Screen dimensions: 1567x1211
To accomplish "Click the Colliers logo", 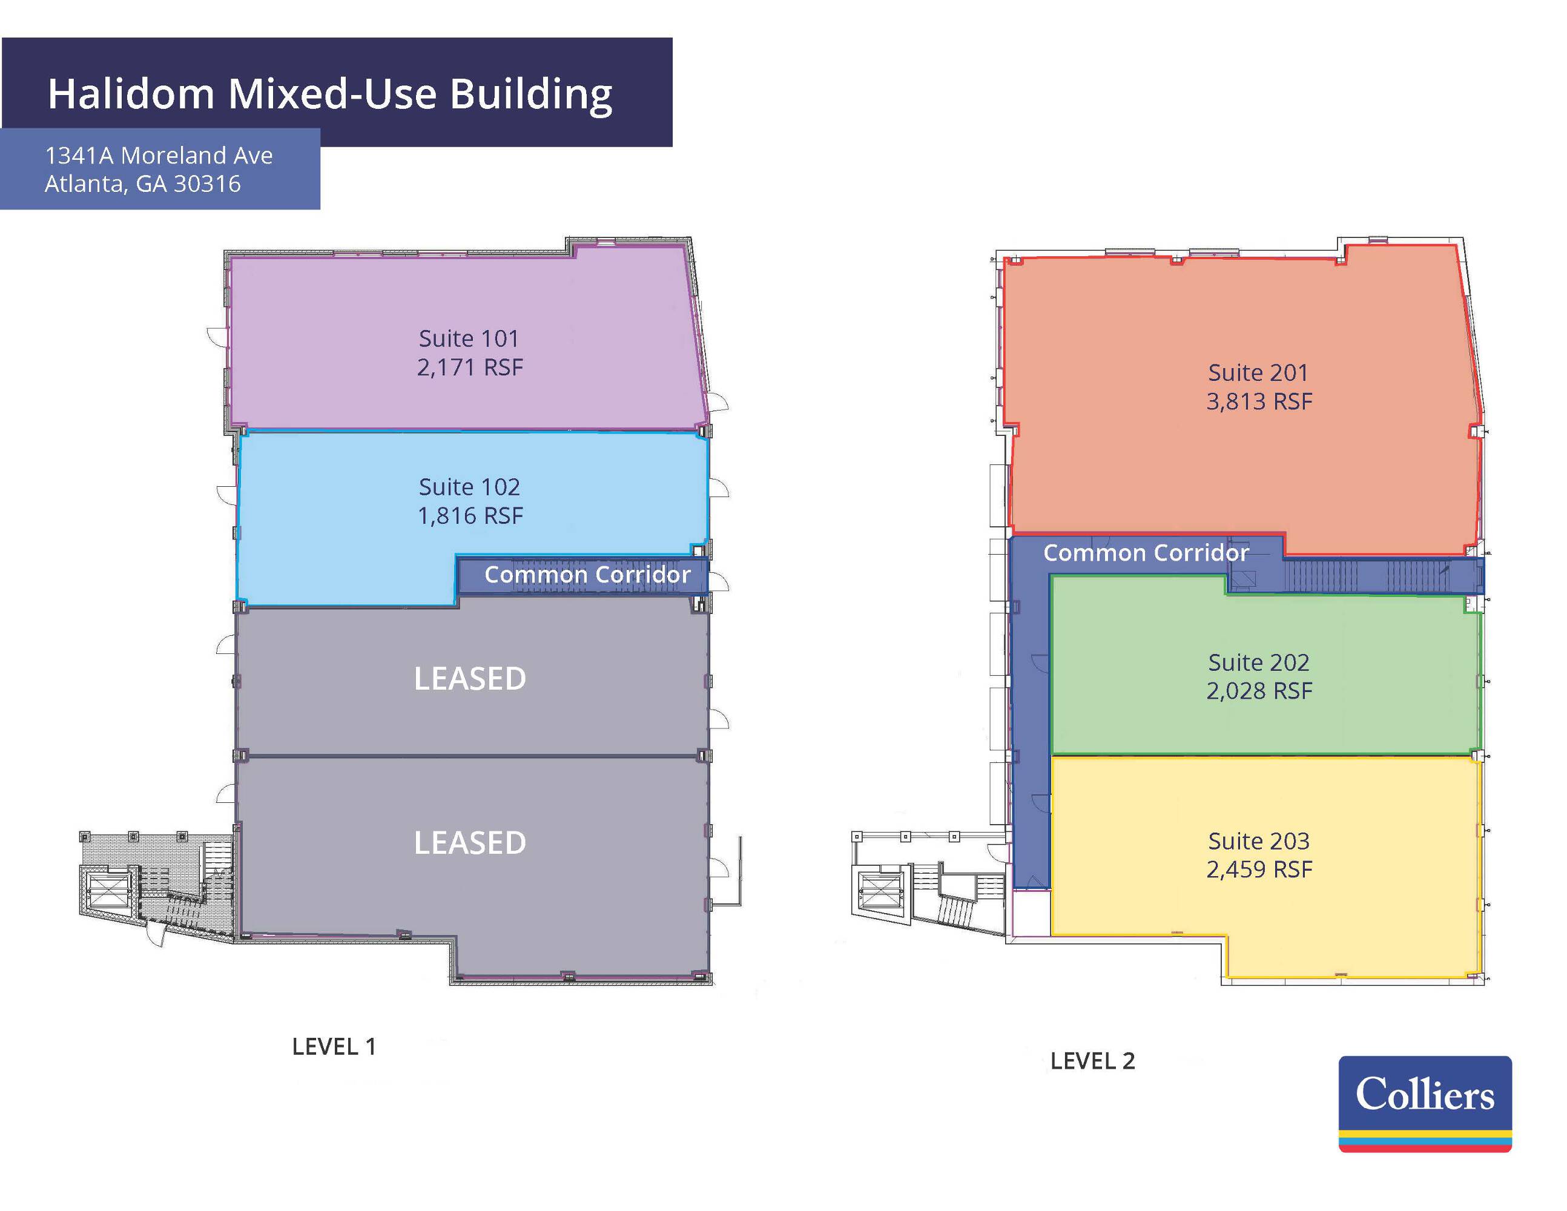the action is pos(1425,1103).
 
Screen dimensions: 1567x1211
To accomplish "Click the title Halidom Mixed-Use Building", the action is pos(330,94).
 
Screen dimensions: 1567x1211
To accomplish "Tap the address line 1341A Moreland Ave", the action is pos(159,155).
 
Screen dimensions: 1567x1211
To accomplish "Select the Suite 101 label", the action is pos(469,338).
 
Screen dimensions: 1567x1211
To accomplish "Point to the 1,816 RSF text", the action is pos(470,515).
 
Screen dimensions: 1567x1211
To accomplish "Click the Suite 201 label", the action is pos(1258,372).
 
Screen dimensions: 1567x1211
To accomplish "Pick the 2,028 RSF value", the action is pos(1259,690).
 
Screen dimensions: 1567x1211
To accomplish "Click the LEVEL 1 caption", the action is pos(334,1047).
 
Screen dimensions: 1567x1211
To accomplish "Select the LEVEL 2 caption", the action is pos(1093,1061).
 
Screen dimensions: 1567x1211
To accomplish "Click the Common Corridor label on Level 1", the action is pos(587,575).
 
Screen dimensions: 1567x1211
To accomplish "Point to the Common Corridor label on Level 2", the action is pos(1146,553).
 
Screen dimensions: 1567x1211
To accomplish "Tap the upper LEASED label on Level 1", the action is pos(470,679).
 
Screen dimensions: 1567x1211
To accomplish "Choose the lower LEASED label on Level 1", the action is pos(470,843).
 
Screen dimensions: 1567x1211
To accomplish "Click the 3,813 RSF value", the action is pos(1259,401).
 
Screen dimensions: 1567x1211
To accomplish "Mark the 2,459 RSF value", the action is pos(1259,869).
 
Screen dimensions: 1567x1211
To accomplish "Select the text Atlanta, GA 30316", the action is pos(143,183).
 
